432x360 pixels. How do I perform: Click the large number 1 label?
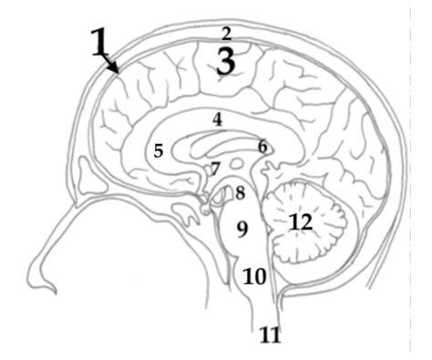(x=103, y=44)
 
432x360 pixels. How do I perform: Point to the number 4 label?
(x=217, y=119)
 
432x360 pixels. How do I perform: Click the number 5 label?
(x=158, y=151)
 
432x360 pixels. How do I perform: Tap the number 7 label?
(x=215, y=170)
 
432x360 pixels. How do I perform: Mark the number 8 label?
(x=240, y=192)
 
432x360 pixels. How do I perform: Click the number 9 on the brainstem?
(x=242, y=229)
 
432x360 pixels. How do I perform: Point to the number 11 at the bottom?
(x=269, y=335)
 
